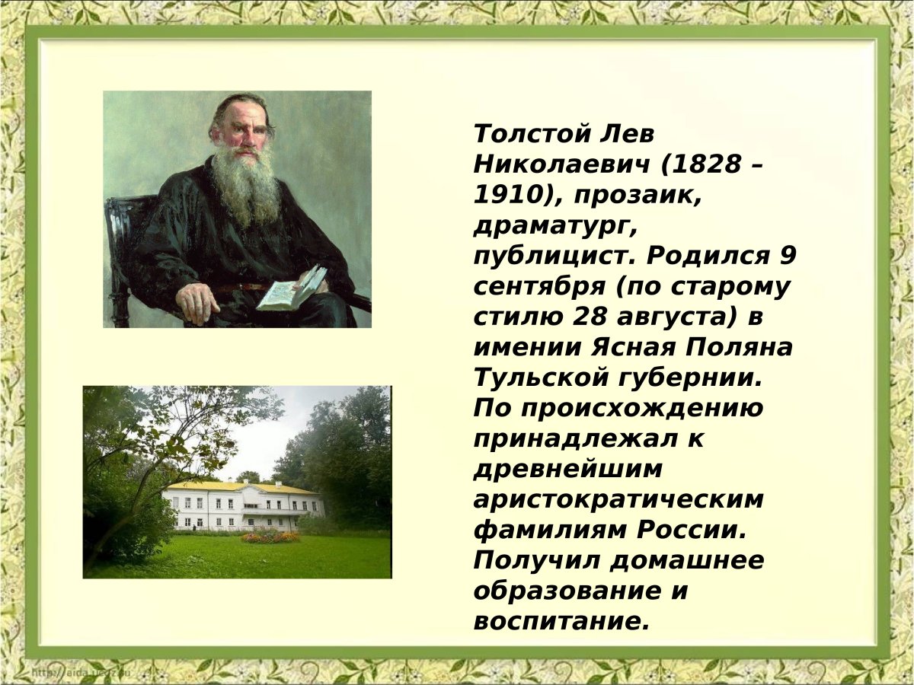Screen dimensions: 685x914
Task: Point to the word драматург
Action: pyautogui.click(x=551, y=226)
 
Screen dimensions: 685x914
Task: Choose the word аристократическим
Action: pyautogui.click(x=618, y=499)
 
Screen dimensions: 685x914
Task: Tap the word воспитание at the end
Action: pyautogui.click(x=561, y=621)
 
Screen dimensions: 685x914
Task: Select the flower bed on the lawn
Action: pyautogui.click(x=270, y=537)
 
